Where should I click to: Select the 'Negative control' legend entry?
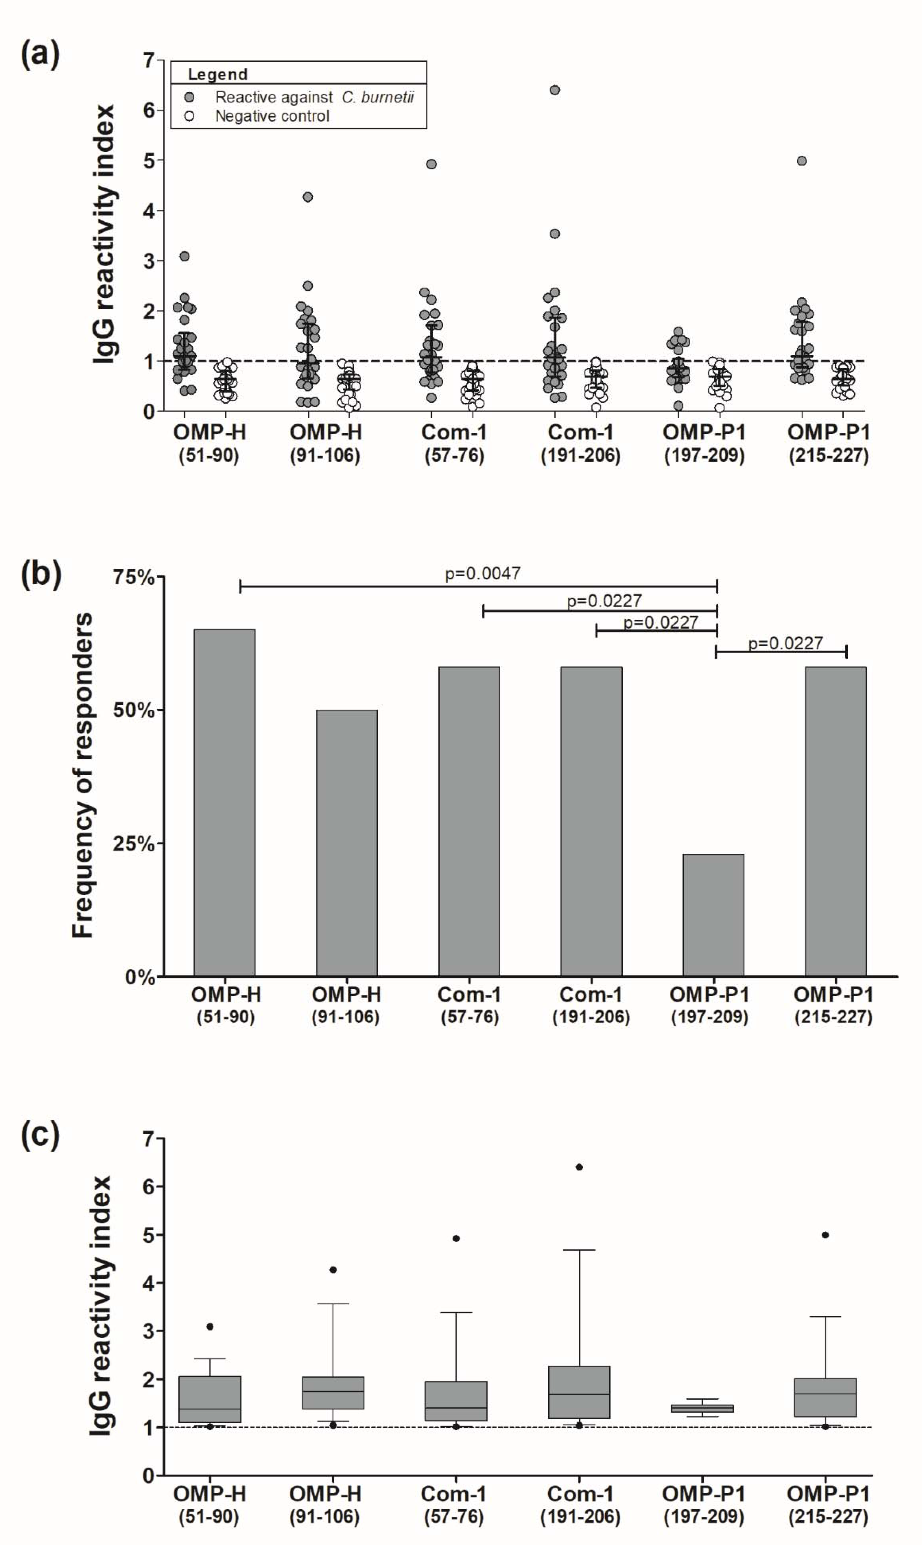272,116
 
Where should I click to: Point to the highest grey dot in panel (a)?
555,90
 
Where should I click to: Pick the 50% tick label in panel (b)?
133,710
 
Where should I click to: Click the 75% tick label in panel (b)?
133,577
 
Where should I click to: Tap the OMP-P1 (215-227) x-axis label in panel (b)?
833,1005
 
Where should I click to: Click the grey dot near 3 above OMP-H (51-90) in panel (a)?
184,256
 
